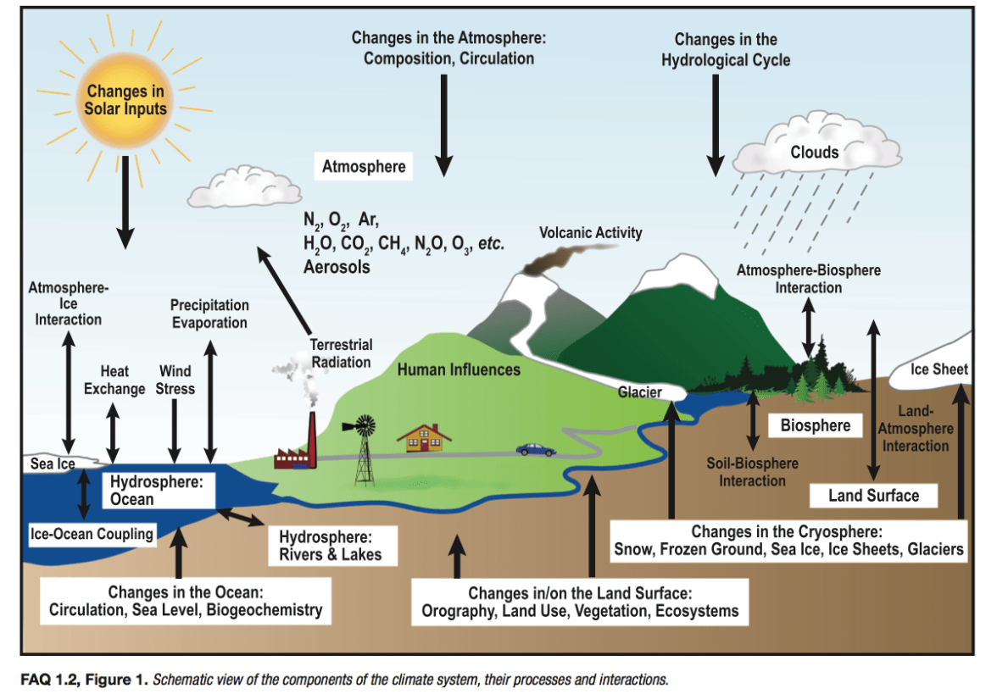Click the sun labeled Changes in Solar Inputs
pos(125,100)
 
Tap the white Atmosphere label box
pos(364,167)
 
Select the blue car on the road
pos(535,449)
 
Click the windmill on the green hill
pos(364,449)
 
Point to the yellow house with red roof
pos(424,438)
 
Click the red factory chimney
pos(311,436)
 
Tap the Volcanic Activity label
pos(591,233)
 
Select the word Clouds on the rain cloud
pos(814,153)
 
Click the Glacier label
pos(640,392)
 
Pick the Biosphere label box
pos(815,425)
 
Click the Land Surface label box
pos(873,496)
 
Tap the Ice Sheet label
pos(939,370)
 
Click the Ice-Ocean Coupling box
pos(92,534)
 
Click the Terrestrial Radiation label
pos(340,353)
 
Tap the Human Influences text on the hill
pos(459,370)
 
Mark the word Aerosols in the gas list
pos(337,266)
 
